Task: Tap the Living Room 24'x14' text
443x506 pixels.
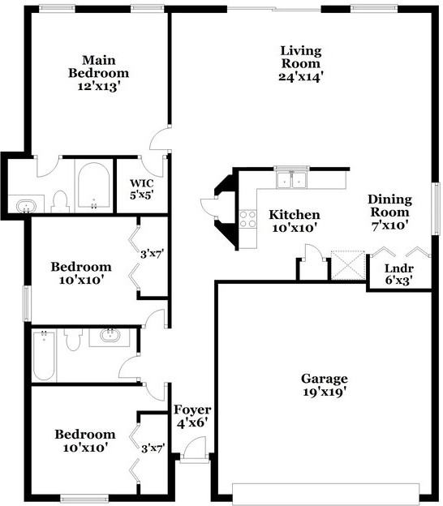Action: [x=301, y=63]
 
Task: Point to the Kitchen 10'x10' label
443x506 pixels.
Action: [x=294, y=221]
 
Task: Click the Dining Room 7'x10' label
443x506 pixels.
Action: [x=389, y=212]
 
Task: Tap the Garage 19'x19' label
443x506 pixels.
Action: [x=325, y=385]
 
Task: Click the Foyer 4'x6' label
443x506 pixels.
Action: [x=191, y=416]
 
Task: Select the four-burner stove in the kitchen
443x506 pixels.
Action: [x=247, y=218]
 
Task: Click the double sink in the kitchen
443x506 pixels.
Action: [x=290, y=179]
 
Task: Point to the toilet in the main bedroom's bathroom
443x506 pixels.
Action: [x=59, y=200]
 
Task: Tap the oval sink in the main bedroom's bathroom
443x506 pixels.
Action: [x=27, y=206]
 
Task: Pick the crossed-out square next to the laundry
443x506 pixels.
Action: [x=348, y=264]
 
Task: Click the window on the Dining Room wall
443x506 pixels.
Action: [x=435, y=207]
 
